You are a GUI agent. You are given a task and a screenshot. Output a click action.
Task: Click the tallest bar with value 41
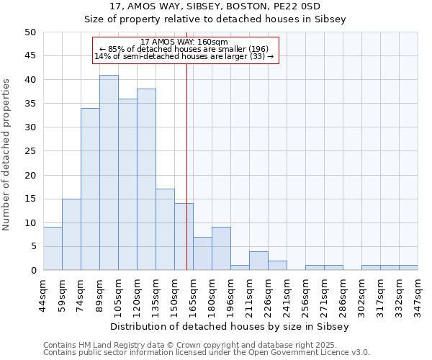pos(109,173)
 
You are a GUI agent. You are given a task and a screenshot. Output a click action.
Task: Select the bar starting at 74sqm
pos(90,189)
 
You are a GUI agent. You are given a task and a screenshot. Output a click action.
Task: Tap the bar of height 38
pos(146,179)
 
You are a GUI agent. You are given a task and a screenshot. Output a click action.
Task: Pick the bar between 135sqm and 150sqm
pos(165,230)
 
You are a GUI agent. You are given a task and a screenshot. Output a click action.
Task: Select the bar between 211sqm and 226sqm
pos(258,261)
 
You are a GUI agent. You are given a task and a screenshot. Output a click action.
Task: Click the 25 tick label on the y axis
pos(31,151)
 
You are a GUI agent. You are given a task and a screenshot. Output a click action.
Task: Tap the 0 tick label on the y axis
pos(34,271)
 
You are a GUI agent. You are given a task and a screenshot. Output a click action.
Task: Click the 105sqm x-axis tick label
pos(119,294)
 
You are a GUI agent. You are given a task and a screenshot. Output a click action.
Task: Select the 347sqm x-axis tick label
pos(418,294)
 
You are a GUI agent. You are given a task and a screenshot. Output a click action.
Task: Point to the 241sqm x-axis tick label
pos(287,294)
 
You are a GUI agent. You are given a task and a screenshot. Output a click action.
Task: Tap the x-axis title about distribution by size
pos(230,326)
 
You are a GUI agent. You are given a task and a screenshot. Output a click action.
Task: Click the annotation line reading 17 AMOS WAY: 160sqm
pos(184,42)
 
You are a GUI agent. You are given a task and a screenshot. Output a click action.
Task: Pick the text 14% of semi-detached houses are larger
pos(184,56)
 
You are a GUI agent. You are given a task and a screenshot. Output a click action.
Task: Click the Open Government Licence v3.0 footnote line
pos(207,353)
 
